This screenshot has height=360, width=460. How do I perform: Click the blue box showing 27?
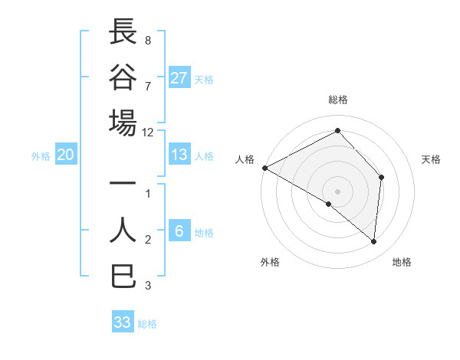(179, 78)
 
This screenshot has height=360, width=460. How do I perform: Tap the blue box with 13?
(179, 155)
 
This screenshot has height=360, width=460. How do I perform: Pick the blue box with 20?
(65, 155)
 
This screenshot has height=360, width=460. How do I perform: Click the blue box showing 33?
(123, 322)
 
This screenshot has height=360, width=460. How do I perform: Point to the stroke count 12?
(148, 132)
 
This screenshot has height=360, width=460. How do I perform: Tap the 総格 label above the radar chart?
(338, 100)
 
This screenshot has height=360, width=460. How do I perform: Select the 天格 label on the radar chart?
(432, 159)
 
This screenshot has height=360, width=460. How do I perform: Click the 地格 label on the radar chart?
(402, 262)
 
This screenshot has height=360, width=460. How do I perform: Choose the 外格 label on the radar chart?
(270, 262)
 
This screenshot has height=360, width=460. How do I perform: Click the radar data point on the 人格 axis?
(264, 168)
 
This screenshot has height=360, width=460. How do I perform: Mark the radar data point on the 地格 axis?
(374, 242)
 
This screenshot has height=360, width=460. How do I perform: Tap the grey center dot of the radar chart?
(337, 191)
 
